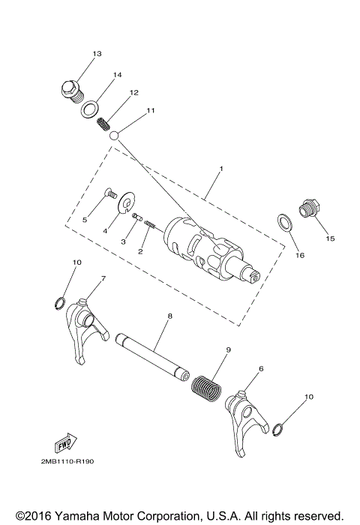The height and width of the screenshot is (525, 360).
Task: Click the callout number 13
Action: click(97, 54)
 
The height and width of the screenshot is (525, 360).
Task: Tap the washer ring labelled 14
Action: click(91, 109)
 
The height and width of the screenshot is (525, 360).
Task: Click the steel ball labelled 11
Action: click(115, 136)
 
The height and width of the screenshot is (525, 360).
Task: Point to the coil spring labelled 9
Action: click(205, 385)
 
